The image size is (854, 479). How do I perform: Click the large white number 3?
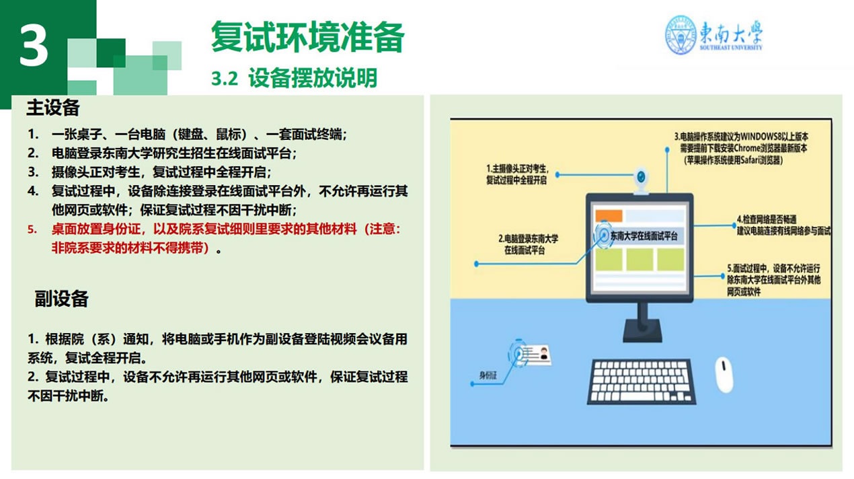[34, 45]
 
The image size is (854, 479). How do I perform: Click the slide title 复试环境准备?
[308, 37]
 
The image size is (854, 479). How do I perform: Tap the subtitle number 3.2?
[225, 79]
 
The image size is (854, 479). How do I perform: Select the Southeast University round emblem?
[681, 35]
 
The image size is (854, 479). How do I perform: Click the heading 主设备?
[53, 107]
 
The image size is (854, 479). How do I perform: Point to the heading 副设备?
[61, 298]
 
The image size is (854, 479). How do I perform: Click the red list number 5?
[32, 229]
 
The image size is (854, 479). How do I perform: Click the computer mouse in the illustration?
[724, 374]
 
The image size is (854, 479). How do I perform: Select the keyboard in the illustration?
[642, 381]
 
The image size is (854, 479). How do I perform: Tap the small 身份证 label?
[488, 375]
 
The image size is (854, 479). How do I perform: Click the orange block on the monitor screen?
[609, 215]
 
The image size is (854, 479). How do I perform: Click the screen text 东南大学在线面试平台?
[644, 236]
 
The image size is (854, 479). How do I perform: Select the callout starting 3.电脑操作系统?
[741, 148]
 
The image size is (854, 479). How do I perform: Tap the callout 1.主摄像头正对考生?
[517, 174]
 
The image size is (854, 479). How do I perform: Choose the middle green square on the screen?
[639, 259]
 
